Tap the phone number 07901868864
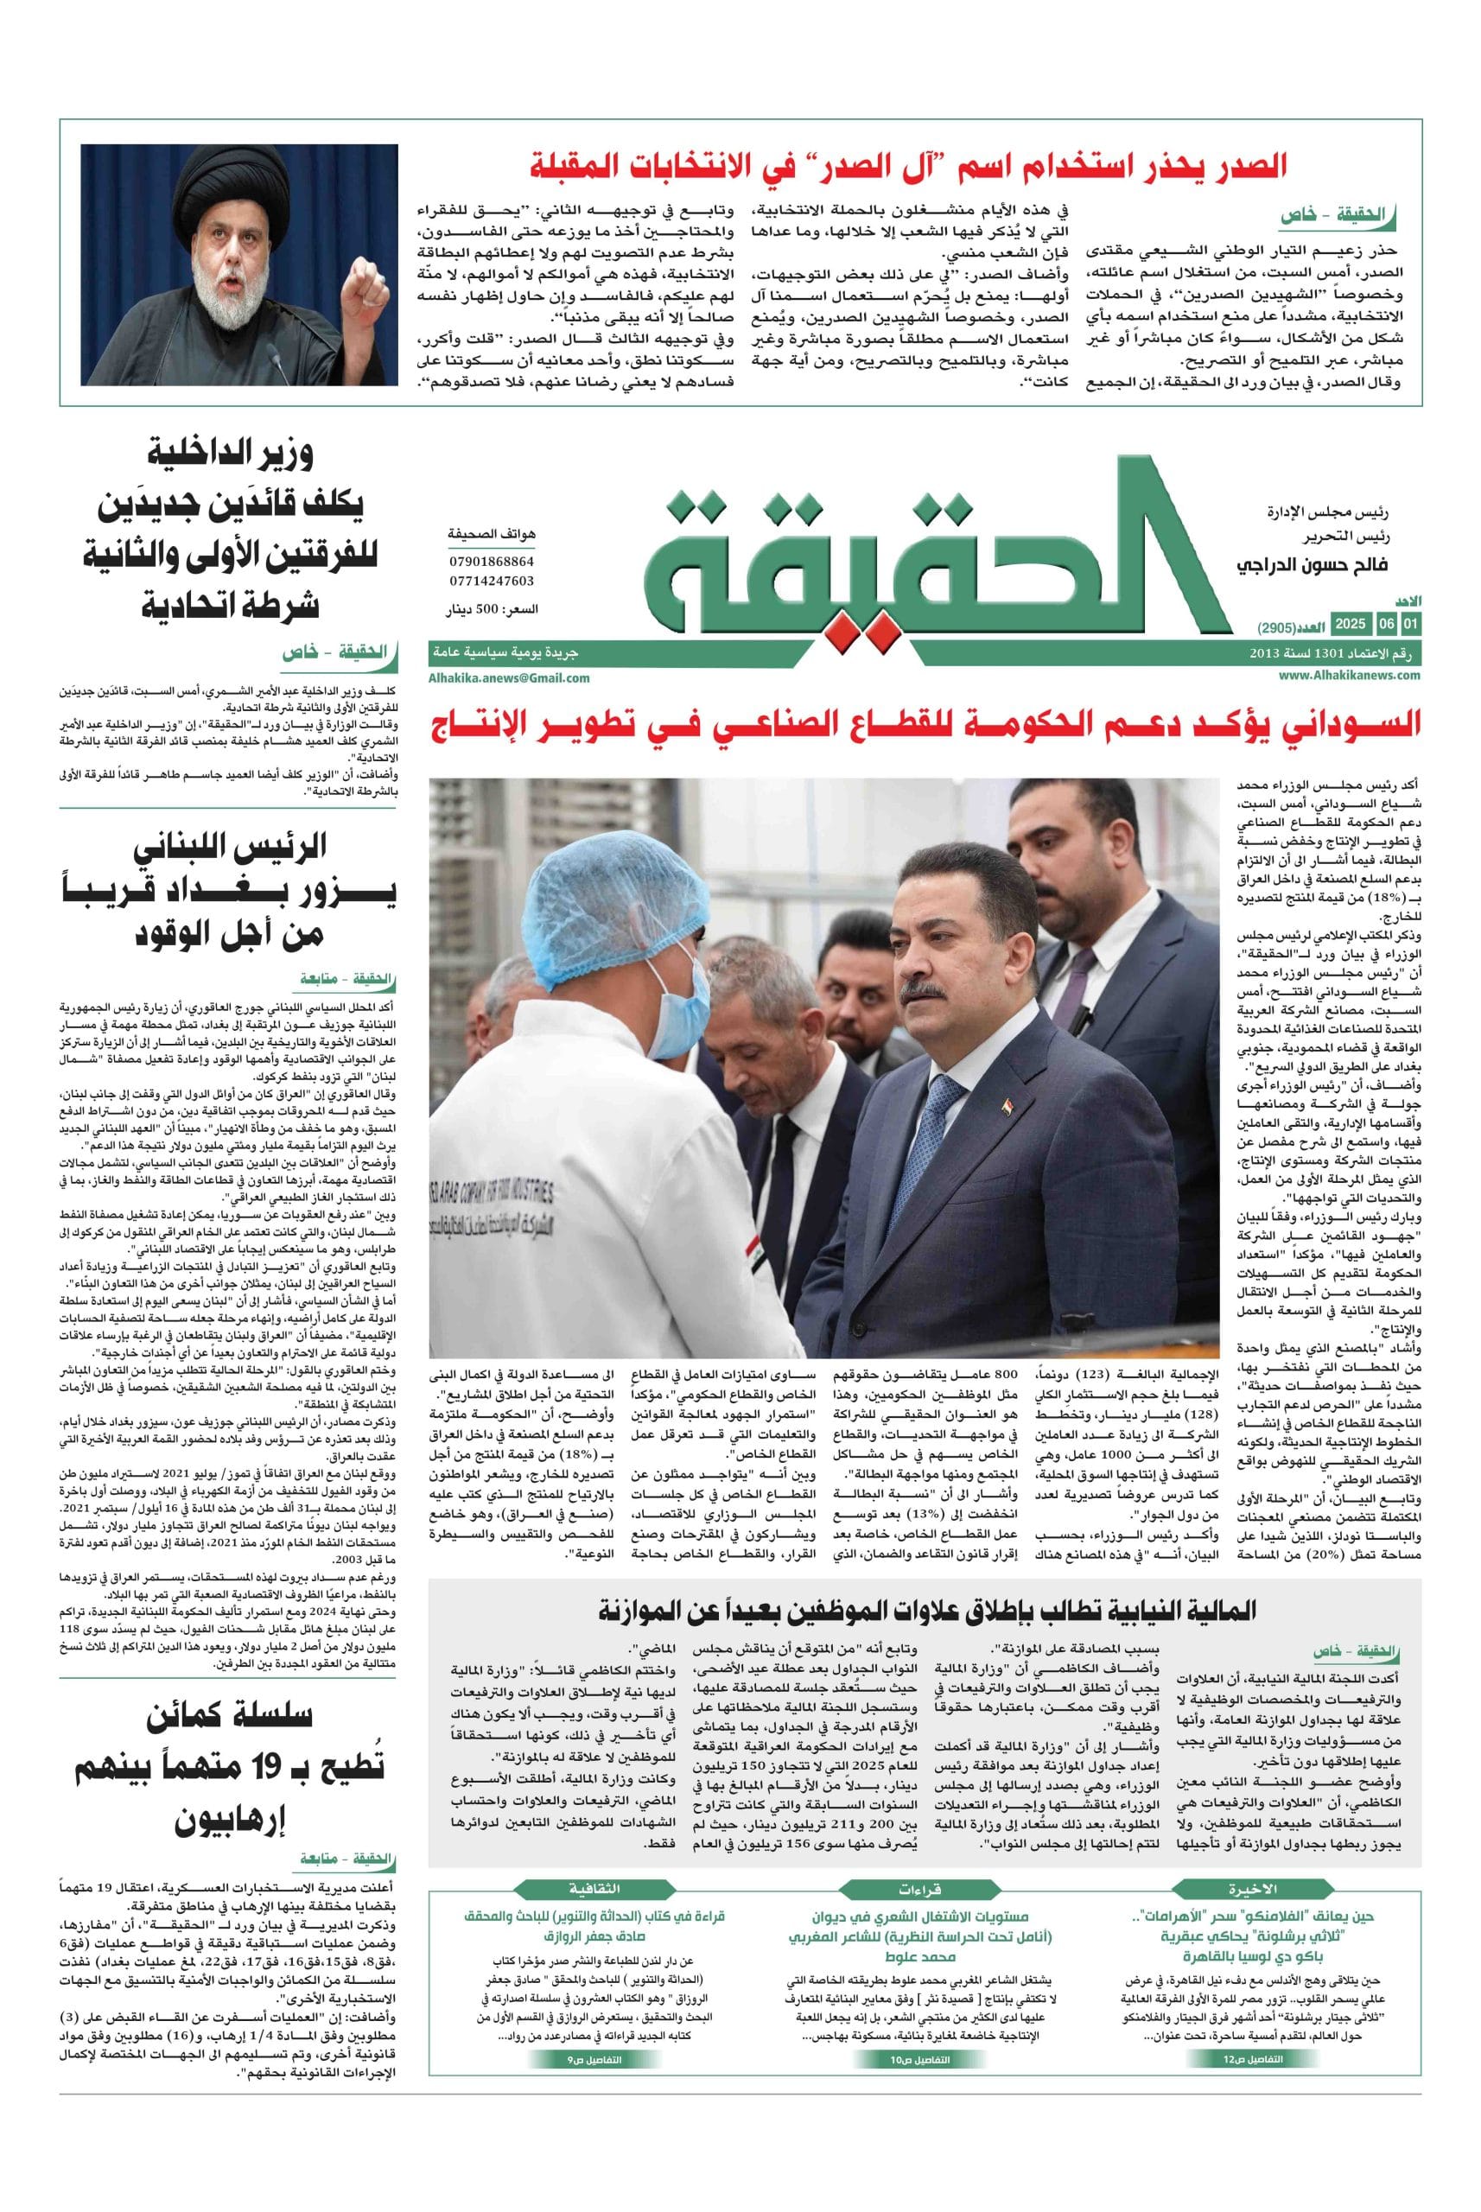point(491,562)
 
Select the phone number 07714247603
point(491,581)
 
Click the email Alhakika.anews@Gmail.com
point(509,677)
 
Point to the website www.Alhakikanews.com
point(1351,676)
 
